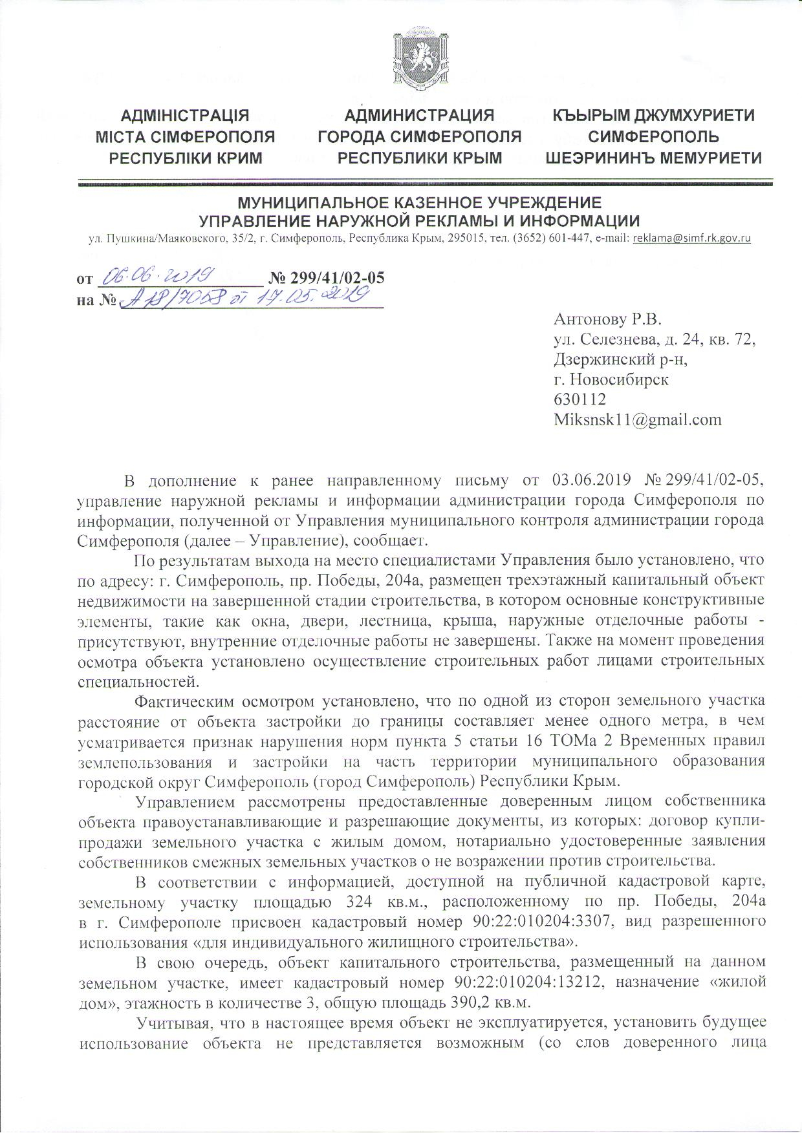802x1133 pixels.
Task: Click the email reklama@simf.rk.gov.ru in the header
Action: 692,238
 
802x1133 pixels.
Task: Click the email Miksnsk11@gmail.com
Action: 637,419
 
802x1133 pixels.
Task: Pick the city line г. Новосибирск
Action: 611,379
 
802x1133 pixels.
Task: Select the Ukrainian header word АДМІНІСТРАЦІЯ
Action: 185,116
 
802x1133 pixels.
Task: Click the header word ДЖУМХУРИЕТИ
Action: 688,116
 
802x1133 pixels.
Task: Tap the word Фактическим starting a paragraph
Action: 185,700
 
